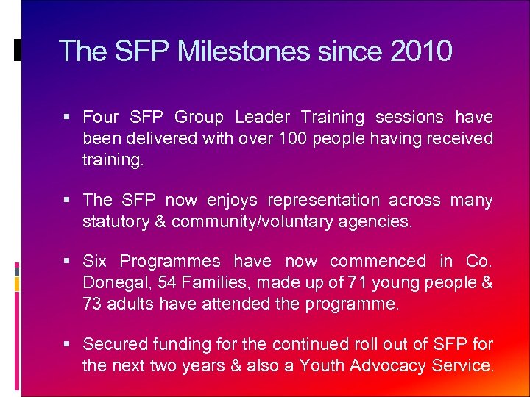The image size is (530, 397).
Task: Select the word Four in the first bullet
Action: point(101,117)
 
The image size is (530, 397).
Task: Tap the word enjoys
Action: point(232,201)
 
